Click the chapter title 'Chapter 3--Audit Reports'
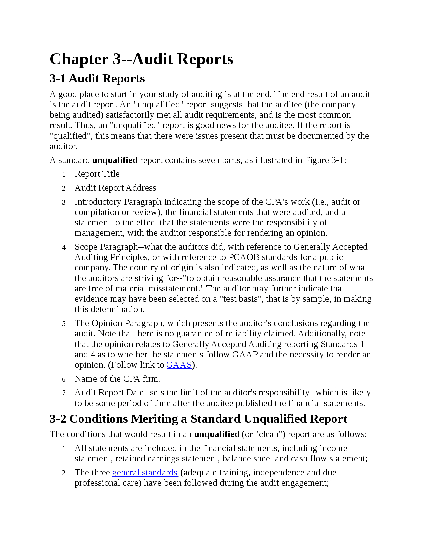point(141,59)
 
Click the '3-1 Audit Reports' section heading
point(97,79)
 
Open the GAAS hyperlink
point(179,365)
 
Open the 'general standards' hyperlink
point(145,473)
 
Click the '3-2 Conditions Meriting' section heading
point(198,419)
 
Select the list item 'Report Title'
point(97,174)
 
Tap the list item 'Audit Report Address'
point(115,188)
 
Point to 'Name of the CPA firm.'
point(118,379)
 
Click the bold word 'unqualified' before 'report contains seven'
point(115,160)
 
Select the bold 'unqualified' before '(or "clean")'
point(217,434)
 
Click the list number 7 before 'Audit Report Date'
point(65,393)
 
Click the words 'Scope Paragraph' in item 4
point(106,247)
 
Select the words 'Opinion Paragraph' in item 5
point(127,323)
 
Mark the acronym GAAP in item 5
point(245,355)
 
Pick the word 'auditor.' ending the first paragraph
point(64,146)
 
